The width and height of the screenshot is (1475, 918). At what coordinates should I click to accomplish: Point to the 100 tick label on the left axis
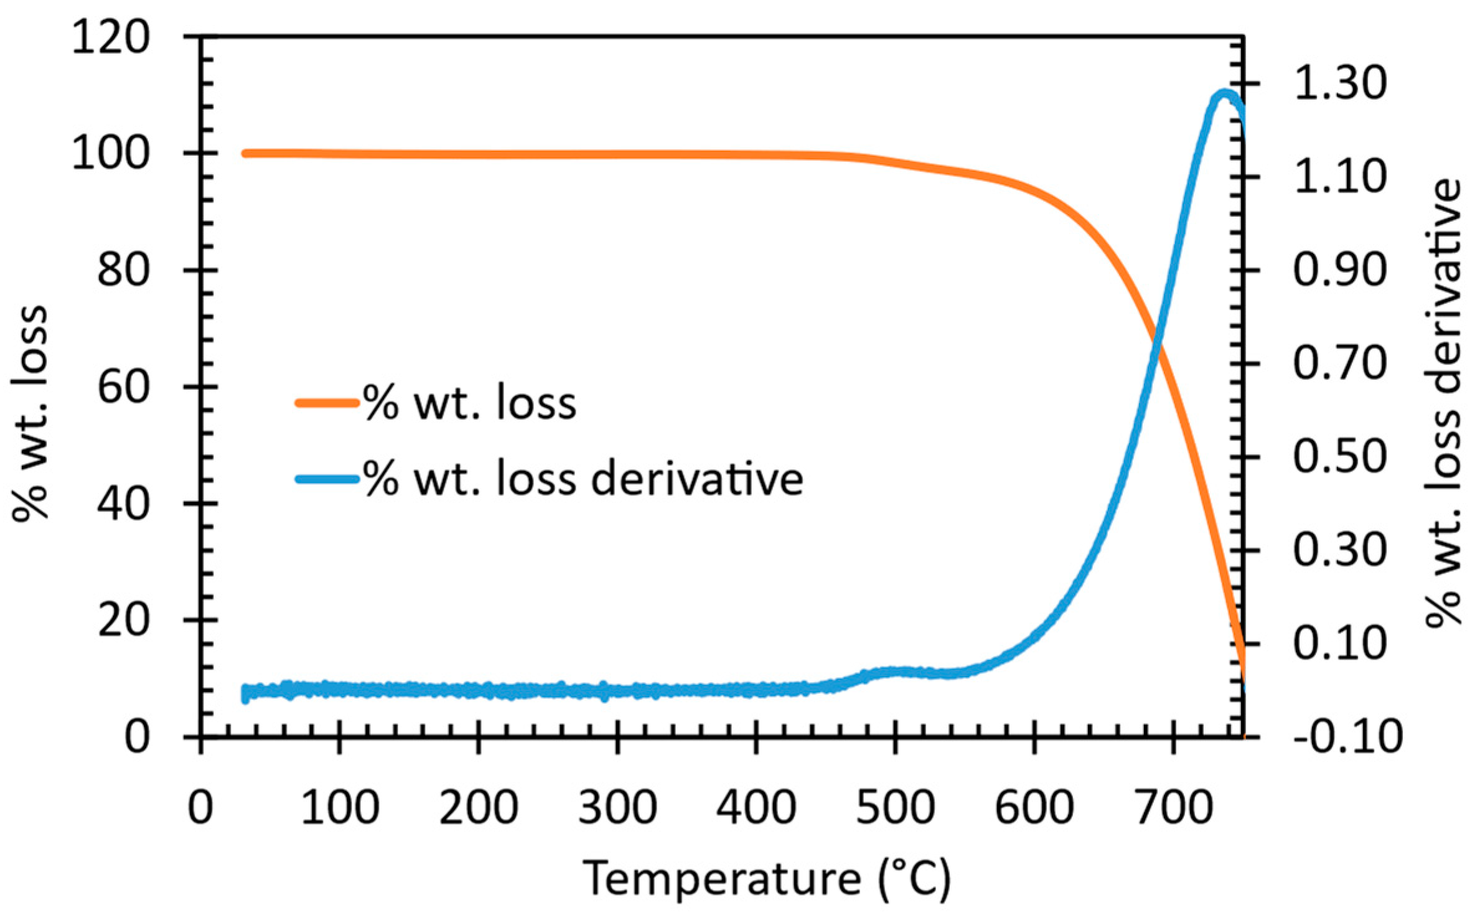111,154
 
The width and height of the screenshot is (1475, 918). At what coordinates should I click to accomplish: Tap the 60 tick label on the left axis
124,388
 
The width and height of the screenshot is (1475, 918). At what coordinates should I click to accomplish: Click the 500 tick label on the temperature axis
894,807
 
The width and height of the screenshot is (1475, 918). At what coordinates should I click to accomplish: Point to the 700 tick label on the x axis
1173,807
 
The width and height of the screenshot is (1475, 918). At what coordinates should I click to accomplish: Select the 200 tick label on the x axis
478,807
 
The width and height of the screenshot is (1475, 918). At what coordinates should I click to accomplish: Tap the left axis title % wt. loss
30,411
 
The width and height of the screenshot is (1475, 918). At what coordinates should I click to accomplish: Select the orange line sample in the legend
327,403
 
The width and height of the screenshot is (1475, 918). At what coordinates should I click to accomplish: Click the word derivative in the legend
697,479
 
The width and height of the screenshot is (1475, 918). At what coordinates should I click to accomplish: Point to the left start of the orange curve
246,153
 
